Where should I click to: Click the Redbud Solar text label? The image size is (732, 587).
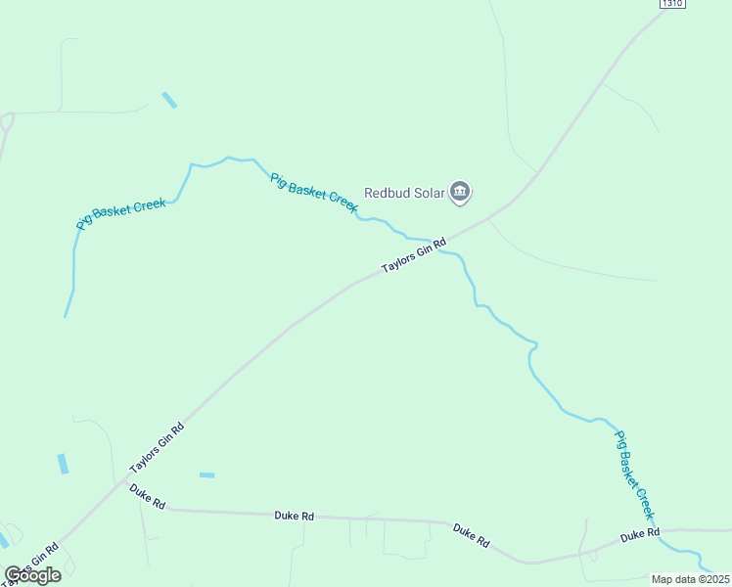click(x=405, y=193)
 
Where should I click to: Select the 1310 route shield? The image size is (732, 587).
click(x=671, y=4)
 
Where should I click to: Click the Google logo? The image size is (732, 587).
click(x=32, y=574)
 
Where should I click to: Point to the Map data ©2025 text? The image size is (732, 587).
click(x=690, y=579)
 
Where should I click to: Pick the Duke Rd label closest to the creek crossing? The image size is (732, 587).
click(x=640, y=535)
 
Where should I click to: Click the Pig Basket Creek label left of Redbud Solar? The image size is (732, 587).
click(x=314, y=193)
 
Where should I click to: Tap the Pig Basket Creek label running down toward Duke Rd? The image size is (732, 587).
click(x=633, y=475)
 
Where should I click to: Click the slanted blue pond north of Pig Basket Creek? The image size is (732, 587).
click(x=169, y=100)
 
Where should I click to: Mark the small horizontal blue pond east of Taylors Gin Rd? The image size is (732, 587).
click(x=206, y=475)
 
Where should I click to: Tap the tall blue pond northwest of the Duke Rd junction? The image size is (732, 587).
click(x=64, y=464)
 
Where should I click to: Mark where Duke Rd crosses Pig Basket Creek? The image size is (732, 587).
click(x=659, y=533)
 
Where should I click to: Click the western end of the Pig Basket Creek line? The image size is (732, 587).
click(x=66, y=315)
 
